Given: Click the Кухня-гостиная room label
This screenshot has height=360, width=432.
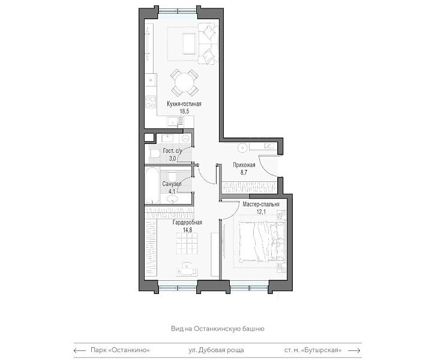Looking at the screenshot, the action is [x=184, y=104].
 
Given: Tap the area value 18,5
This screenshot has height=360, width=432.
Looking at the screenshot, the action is [x=184, y=111].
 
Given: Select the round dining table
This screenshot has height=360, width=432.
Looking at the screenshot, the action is [x=184, y=82].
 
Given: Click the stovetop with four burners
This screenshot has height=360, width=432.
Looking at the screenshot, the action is [x=151, y=101].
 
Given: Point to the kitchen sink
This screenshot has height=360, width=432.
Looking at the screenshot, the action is [x=175, y=121].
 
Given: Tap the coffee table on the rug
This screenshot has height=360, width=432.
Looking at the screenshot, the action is [x=189, y=43].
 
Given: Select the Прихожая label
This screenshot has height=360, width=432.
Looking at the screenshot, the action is [x=244, y=165].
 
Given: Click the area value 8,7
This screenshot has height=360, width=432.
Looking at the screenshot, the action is [x=244, y=172].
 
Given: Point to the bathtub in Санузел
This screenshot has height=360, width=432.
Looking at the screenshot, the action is [x=152, y=185].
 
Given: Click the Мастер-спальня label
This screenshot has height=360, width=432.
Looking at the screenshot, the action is [x=261, y=204].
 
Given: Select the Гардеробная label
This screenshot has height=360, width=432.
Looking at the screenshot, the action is [x=187, y=222].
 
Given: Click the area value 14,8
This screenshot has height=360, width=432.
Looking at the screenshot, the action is [x=187, y=230].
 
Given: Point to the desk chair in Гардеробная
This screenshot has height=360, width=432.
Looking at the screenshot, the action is [x=187, y=265].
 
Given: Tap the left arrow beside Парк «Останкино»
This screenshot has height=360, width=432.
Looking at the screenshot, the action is [x=80, y=350].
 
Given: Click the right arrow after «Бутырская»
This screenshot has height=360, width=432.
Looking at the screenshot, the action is [x=354, y=350].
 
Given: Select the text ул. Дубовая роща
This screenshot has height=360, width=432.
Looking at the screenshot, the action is [x=216, y=350].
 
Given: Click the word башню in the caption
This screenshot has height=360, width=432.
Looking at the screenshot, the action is [x=254, y=329].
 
